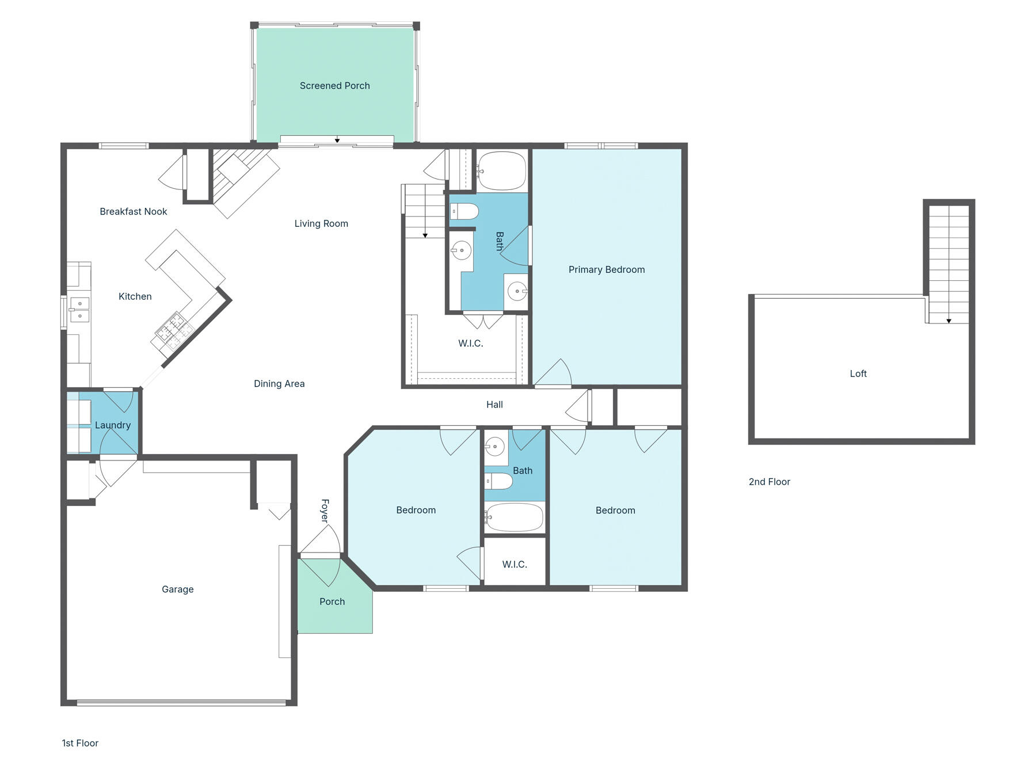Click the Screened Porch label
334,86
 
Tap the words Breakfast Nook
133,212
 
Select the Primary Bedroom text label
606,269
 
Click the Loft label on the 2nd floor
858,374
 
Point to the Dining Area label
279,383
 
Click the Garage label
177,589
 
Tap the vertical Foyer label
325,511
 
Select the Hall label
494,405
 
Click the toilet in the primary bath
464,211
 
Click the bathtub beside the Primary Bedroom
502,171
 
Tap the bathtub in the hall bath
515,517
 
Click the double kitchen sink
79,309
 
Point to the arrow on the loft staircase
949,321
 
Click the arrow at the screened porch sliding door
337,140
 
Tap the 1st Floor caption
80,743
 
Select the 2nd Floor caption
769,482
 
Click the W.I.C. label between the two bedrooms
514,565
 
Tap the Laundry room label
113,425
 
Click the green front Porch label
332,601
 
